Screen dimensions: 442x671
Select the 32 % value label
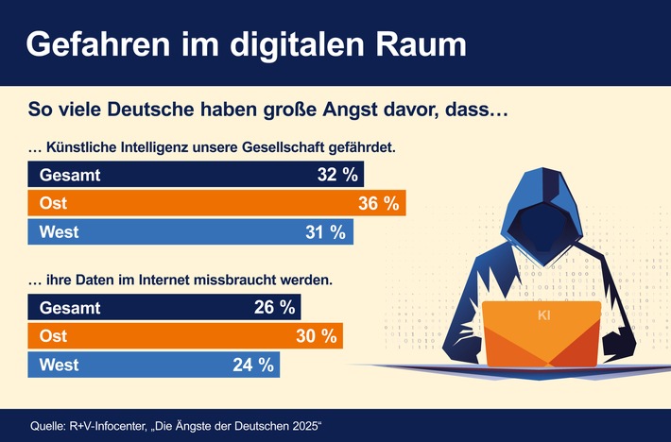337,175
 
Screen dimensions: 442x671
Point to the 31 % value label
326,231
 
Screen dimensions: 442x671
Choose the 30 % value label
316,335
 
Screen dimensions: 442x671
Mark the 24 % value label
252,364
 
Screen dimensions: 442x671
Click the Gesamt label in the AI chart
69,175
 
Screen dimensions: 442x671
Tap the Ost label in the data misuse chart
53,335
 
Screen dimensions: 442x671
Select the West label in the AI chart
59,231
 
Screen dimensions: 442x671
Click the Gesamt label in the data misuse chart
69,307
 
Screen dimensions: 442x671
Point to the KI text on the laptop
544,315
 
